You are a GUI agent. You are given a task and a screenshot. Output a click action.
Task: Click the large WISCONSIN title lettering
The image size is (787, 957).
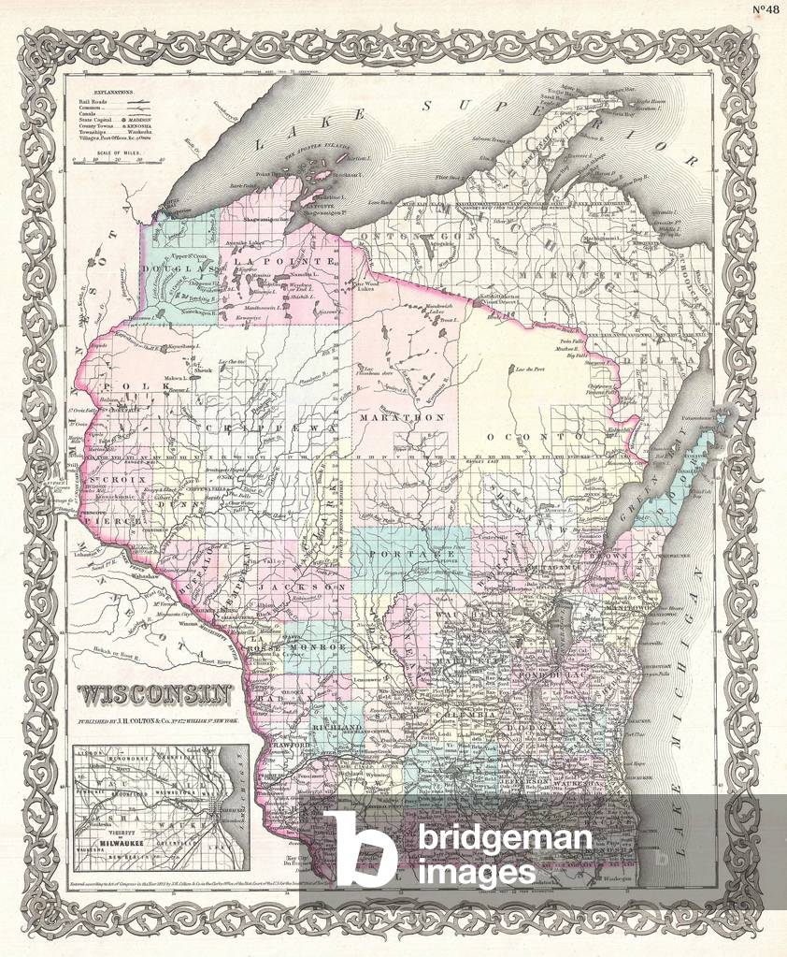[155, 694]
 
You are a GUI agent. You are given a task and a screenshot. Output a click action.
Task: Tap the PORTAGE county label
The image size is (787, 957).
[400, 554]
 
